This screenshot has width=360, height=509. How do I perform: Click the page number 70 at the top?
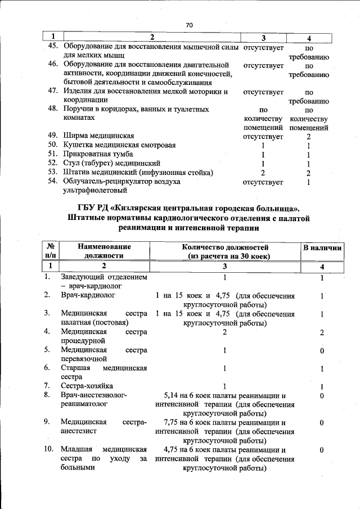[188, 25]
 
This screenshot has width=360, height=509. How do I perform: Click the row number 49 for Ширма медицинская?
[53, 136]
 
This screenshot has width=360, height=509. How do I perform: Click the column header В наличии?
[322, 247]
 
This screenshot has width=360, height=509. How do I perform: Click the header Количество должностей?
[225, 247]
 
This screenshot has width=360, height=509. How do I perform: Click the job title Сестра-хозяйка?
[87, 386]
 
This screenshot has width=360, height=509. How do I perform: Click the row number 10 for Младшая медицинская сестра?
[48, 449]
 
